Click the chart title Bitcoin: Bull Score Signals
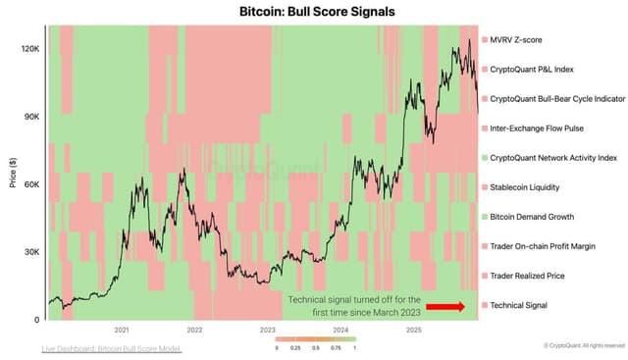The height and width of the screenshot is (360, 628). pyautogui.click(x=313, y=12)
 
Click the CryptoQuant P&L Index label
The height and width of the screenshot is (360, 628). pyautogui.click(x=532, y=69)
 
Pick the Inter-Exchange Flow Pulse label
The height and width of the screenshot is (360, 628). pyautogui.click(x=538, y=128)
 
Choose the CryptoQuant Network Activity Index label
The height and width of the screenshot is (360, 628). pyautogui.click(x=552, y=157)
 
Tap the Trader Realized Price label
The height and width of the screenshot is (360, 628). pyautogui.click(x=528, y=276)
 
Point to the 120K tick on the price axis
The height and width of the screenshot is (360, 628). pyautogui.click(x=28, y=48)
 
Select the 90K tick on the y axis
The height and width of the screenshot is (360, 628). pyautogui.click(x=30, y=116)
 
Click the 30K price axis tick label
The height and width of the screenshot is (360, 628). pyautogui.click(x=30, y=252)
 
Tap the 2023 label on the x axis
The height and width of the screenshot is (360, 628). pyautogui.click(x=268, y=330)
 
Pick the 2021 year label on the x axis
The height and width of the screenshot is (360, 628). pyautogui.click(x=122, y=330)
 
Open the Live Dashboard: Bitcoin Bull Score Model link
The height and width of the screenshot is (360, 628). pyautogui.click(x=112, y=348)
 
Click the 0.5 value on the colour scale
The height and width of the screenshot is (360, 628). pyautogui.click(x=315, y=347)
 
